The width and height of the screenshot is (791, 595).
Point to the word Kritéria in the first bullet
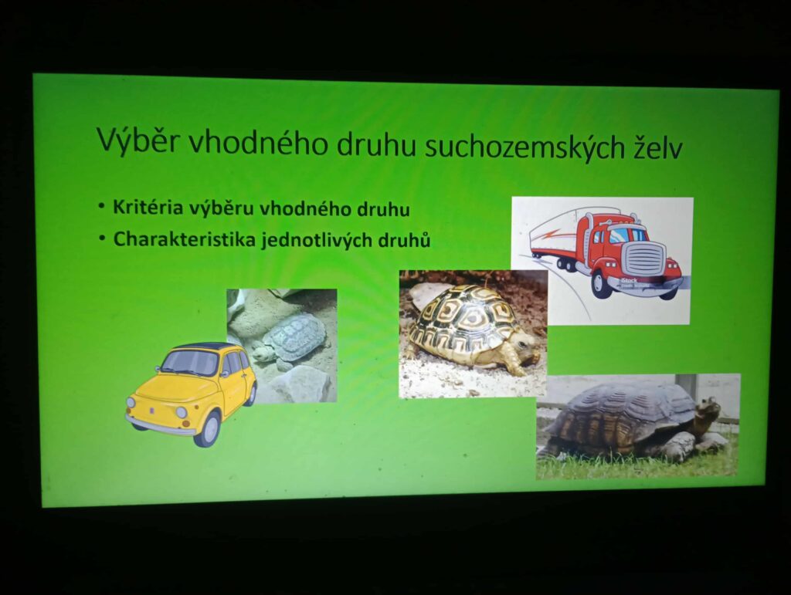tap(148, 207)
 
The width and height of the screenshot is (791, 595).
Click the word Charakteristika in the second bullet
tap(184, 238)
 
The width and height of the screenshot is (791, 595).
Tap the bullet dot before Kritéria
tap(102, 206)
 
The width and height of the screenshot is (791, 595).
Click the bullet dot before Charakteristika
tap(103, 238)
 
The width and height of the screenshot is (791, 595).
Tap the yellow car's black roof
tap(199, 346)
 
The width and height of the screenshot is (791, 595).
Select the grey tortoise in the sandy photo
tap(287, 337)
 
